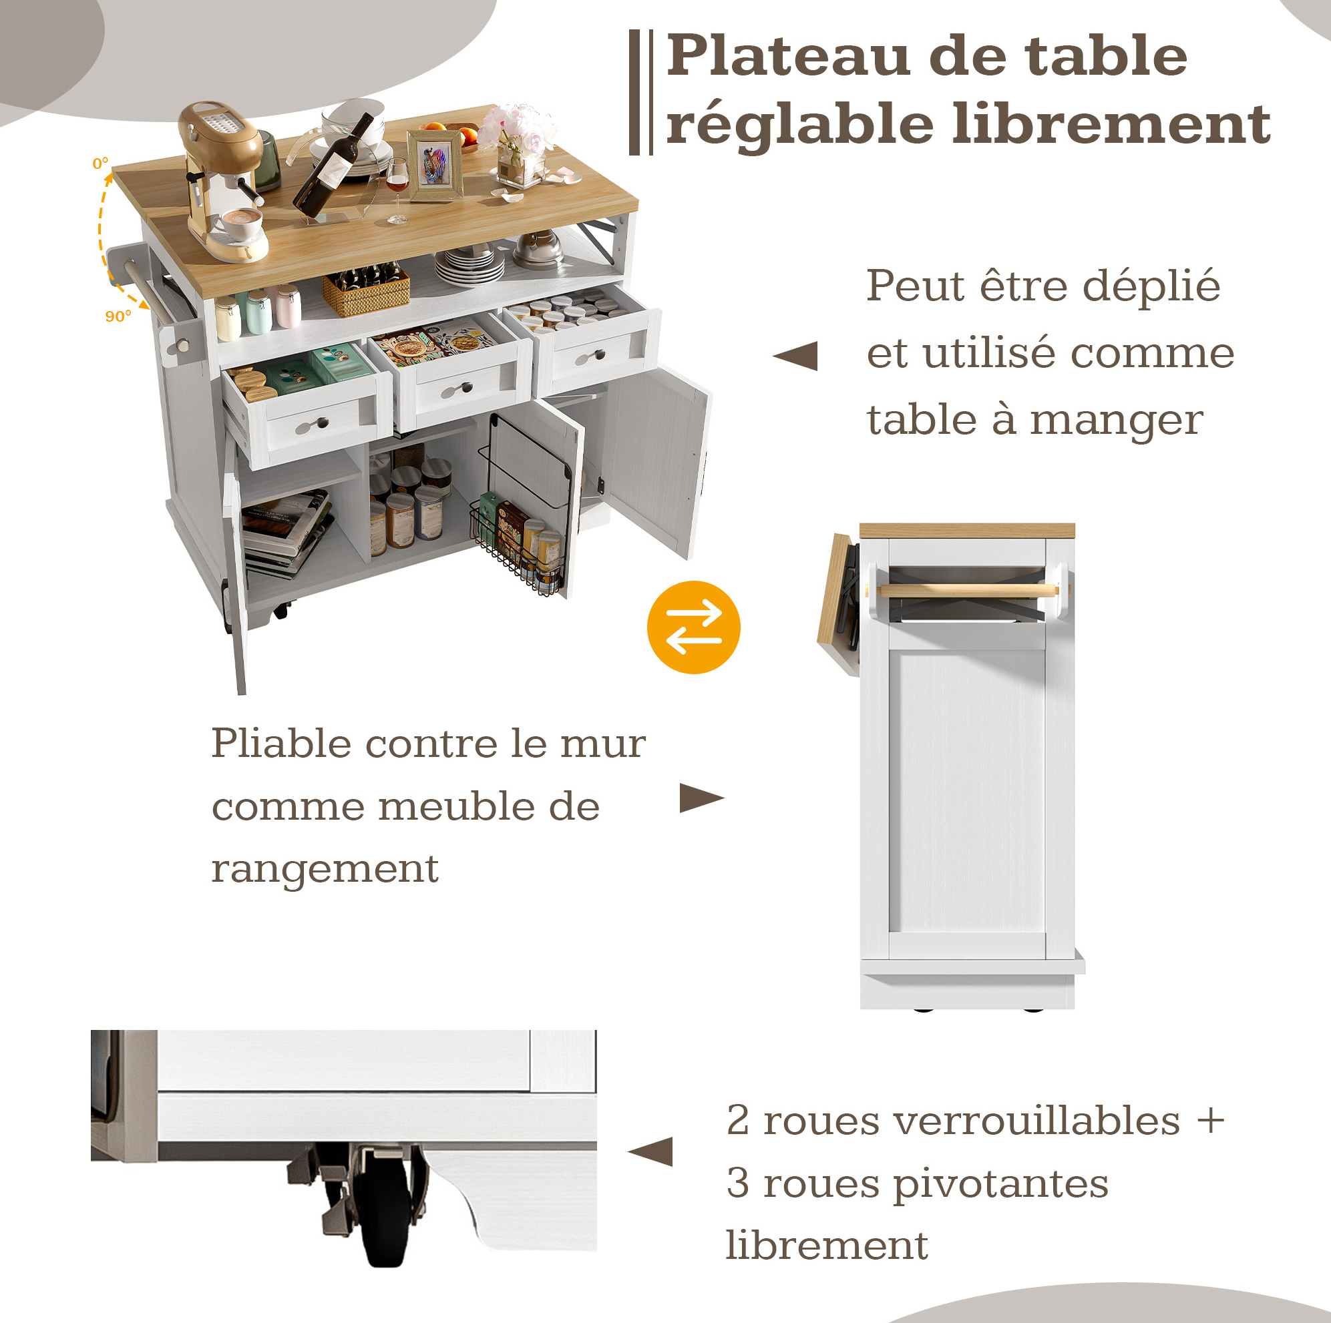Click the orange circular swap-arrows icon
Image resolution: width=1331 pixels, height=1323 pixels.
[x=693, y=627]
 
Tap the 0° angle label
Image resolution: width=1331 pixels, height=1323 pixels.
[x=101, y=164]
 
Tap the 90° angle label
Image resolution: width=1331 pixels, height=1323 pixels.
[x=118, y=316]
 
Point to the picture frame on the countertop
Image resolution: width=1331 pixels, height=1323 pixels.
[x=434, y=166]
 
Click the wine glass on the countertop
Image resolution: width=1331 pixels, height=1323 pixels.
[x=397, y=190]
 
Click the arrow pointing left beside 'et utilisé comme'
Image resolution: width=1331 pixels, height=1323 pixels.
[x=795, y=356]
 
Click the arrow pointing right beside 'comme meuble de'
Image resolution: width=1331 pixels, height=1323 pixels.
[x=702, y=798]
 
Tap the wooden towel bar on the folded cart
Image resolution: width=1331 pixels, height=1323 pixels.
[x=968, y=590]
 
